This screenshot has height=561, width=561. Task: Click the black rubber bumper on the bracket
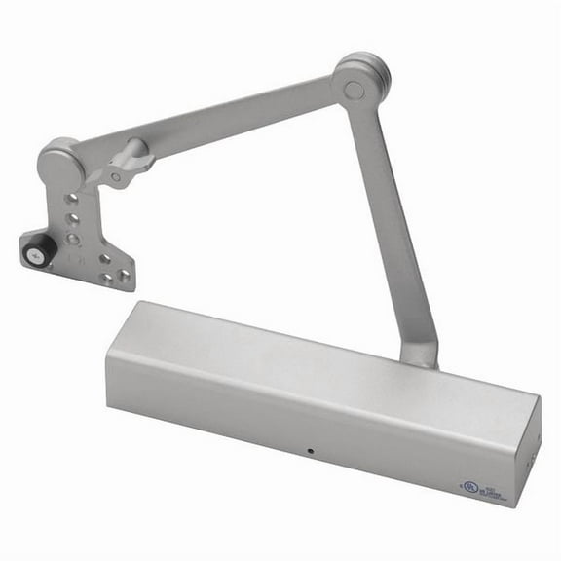[x=34, y=251]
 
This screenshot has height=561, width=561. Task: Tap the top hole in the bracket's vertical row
[x=71, y=199]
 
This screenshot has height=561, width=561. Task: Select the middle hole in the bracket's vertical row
[x=71, y=219]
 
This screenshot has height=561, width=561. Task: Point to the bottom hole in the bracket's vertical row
[x=71, y=238]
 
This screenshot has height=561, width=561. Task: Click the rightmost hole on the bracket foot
[x=124, y=277]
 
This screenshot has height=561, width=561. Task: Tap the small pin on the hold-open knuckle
[x=118, y=179]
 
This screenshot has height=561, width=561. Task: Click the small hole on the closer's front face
[x=310, y=452]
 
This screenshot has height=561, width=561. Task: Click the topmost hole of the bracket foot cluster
[x=104, y=259]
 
